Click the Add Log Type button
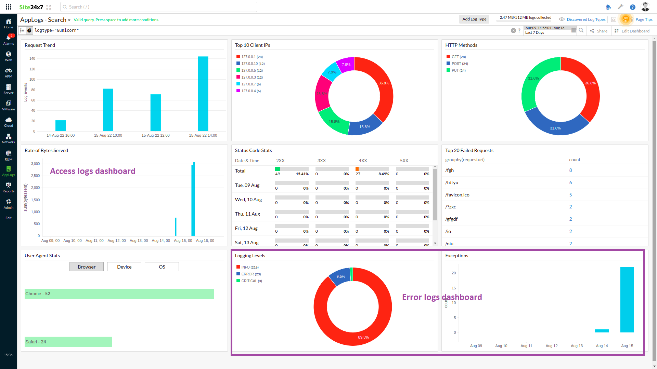tap(474, 19)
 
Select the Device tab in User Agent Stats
tap(124, 267)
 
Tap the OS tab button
tap(162, 267)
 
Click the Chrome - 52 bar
tap(119, 294)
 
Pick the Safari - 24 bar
tap(68, 342)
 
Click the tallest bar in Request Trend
tap(203, 94)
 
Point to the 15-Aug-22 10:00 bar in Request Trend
tap(108, 110)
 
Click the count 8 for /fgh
tap(570, 170)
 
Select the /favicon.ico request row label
tap(457, 195)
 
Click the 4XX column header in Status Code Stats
tap(363, 161)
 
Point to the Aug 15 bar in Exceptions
tap(627, 300)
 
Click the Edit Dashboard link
tap(635, 31)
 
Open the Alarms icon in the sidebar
tap(9, 39)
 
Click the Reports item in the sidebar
tap(9, 187)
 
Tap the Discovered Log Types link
tap(586, 19)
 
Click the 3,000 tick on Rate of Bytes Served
tap(36, 164)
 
